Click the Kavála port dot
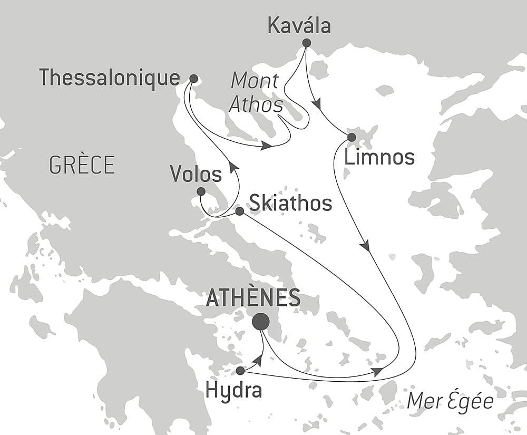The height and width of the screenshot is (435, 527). [x=306, y=43]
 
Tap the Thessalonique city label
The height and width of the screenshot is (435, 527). [x=110, y=78]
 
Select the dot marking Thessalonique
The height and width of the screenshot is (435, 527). [x=193, y=79]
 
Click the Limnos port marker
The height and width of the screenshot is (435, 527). [x=352, y=138]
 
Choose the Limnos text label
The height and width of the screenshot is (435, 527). [x=379, y=157]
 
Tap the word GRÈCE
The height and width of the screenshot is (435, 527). [x=82, y=166]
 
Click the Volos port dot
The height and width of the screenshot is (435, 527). [x=201, y=191]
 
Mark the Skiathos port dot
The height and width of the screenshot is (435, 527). [x=239, y=211]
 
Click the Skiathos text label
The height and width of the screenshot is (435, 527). [x=290, y=203]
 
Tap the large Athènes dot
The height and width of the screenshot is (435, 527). [x=260, y=321]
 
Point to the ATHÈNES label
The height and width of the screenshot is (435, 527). [x=253, y=298]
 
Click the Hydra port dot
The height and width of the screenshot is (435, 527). [x=240, y=370]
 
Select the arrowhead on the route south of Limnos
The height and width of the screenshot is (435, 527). [x=365, y=246]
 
